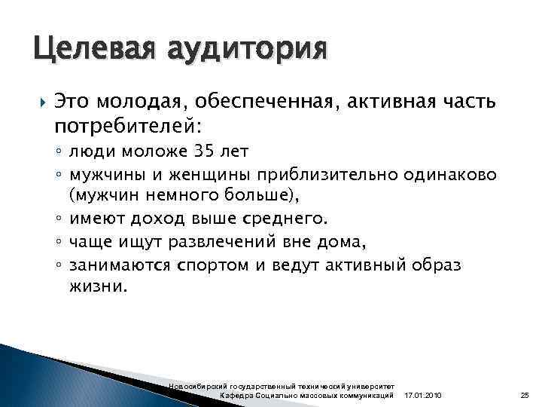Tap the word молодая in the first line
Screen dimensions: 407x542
coord(143,101)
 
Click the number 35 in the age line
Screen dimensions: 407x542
coord(203,152)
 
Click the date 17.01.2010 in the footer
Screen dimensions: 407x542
coord(424,396)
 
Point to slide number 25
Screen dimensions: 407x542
coord(525,396)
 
